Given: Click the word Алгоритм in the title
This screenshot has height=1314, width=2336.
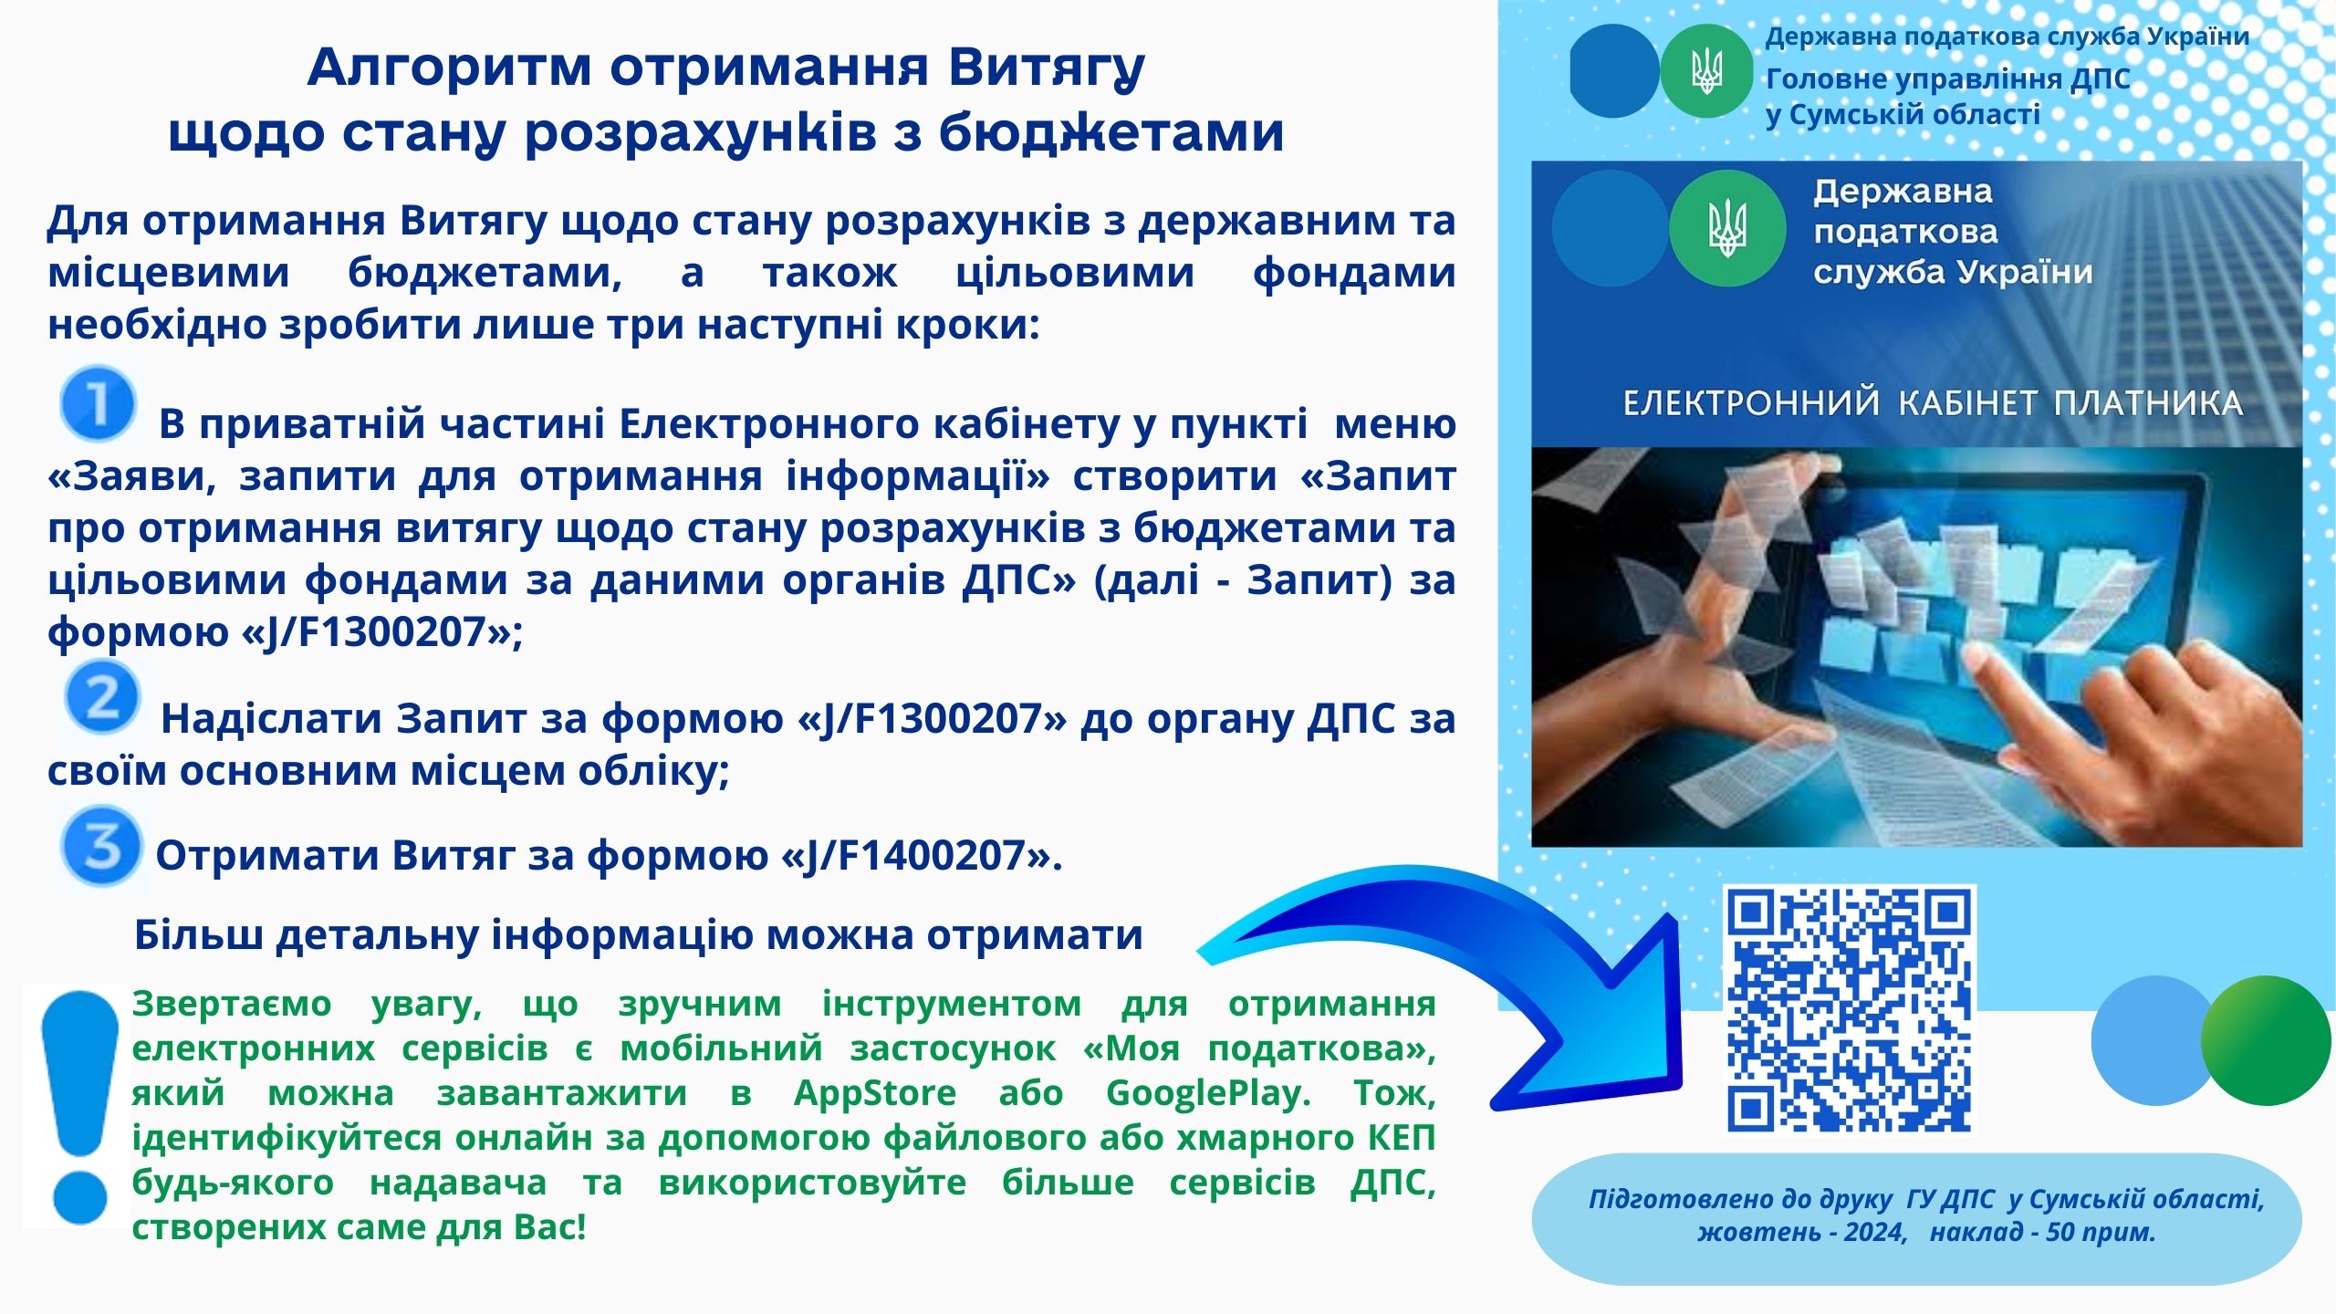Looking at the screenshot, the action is [x=451, y=68].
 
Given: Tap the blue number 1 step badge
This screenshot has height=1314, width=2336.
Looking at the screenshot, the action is [x=99, y=402].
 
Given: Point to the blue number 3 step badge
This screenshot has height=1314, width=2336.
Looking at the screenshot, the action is [x=101, y=846].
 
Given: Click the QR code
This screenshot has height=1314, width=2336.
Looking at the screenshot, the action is [x=1849, y=1008].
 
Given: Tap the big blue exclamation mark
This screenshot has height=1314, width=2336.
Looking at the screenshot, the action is [x=80, y=1107].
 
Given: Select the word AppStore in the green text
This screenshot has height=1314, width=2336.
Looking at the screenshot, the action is [x=874, y=1092].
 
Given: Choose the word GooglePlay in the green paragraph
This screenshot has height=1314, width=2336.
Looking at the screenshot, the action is [x=1207, y=1092].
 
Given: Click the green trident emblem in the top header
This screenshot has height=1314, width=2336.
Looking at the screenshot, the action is [x=1705, y=71].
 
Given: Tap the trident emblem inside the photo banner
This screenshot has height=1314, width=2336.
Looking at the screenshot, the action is [x=1726, y=229].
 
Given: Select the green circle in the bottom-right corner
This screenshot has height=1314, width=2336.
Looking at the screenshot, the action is [x=2265, y=1040].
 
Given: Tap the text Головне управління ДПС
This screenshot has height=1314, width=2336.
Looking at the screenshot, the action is [x=1948, y=79].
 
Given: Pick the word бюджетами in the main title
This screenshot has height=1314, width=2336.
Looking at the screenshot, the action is [x=1111, y=132].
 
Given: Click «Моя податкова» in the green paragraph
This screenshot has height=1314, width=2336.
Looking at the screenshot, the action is [x=1259, y=1048].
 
